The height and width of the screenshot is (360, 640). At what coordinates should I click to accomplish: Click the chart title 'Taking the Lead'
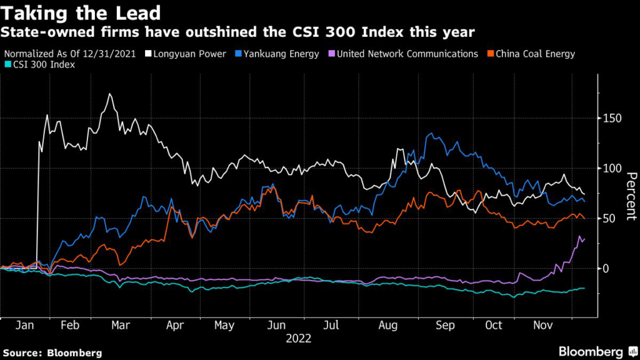click(82, 12)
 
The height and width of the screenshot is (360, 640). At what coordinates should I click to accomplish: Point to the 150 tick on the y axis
click(613, 118)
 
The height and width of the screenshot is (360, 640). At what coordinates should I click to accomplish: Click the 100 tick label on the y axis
click(613, 168)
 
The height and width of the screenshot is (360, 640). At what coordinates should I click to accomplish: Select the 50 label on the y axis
click(610, 218)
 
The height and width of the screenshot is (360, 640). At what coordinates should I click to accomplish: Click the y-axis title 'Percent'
click(630, 196)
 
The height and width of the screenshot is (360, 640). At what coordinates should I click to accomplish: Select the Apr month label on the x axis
click(176, 326)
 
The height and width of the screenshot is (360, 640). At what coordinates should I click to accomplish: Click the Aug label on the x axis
click(388, 326)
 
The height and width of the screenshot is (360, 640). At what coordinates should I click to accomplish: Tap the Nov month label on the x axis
click(542, 326)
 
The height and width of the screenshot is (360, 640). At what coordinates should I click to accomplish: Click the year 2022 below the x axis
click(299, 339)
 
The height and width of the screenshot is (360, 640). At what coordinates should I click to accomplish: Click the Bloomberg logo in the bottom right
click(591, 352)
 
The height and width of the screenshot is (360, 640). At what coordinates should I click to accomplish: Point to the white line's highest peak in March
click(110, 94)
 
